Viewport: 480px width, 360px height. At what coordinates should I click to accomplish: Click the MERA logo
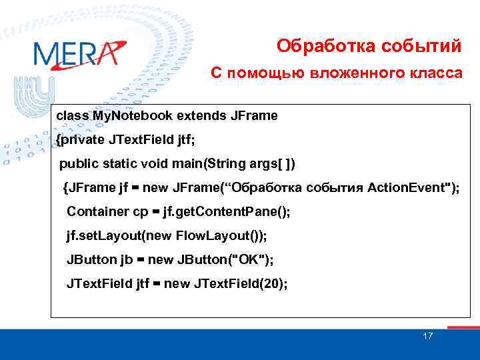pos(79,54)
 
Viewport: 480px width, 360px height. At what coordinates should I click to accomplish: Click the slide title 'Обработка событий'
pos(369,46)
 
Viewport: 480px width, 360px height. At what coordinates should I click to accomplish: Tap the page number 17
pos(427,336)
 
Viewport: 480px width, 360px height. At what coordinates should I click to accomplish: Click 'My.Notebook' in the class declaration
pos(126,115)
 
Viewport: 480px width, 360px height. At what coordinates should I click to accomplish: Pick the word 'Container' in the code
pos(97,211)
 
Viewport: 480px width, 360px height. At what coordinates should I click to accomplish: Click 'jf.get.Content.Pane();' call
pos(231,211)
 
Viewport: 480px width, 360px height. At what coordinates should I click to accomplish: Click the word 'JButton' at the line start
pos(91,259)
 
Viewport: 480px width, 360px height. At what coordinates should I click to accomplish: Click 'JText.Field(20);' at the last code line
pos(241,283)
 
